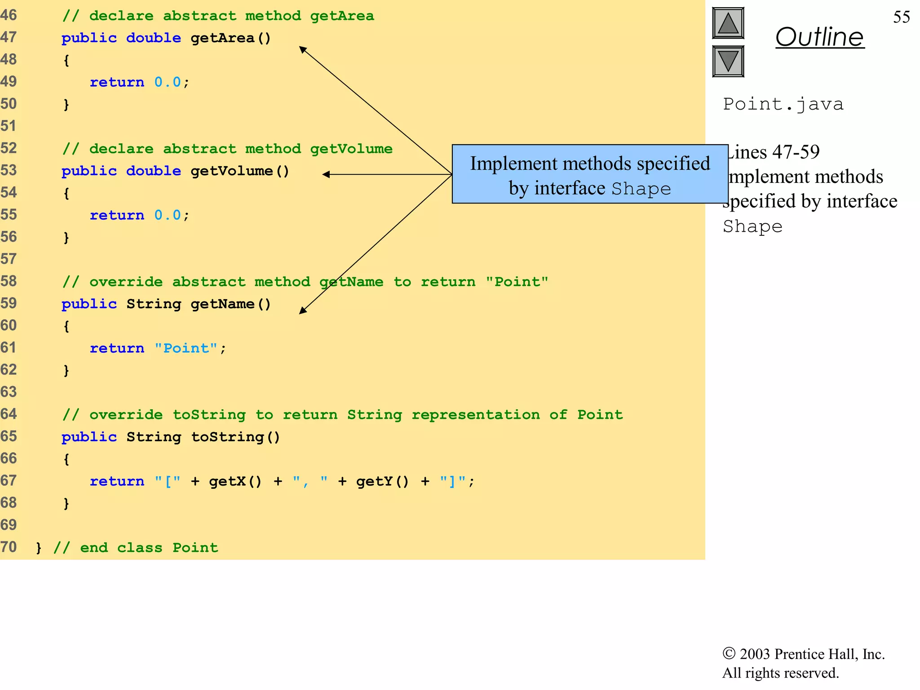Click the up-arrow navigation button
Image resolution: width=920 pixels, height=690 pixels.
(728, 23)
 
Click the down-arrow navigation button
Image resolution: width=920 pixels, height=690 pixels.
(728, 61)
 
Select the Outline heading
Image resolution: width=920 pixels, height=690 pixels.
(819, 37)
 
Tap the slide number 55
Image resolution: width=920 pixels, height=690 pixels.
(901, 17)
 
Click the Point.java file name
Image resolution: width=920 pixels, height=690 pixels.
(783, 104)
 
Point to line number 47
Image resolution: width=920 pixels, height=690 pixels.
(9, 37)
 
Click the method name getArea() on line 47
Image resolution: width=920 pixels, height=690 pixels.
(231, 38)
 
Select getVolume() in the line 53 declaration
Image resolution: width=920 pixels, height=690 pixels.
(240, 171)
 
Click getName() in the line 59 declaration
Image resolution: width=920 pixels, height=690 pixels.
(231, 304)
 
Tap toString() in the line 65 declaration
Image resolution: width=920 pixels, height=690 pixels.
(235, 437)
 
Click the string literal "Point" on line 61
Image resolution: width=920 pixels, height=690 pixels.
(186, 348)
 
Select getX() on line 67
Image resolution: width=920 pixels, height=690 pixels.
(235, 481)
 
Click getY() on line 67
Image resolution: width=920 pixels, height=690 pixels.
(382, 481)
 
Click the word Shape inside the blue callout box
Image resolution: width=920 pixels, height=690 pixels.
(641, 189)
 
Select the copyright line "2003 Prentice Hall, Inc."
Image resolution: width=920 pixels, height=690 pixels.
(804, 654)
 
